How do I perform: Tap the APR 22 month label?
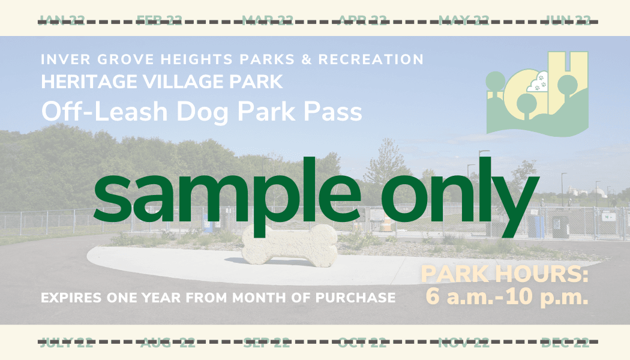363,21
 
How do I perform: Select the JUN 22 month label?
567,21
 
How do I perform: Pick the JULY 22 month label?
67,343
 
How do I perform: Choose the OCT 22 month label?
362,343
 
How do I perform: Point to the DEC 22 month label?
565,343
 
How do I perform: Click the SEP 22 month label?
266,343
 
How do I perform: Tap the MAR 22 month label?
268,21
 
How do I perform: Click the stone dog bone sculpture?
289,246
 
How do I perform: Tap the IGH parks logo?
537,93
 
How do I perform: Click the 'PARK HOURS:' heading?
505,275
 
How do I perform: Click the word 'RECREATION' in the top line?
371,59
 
